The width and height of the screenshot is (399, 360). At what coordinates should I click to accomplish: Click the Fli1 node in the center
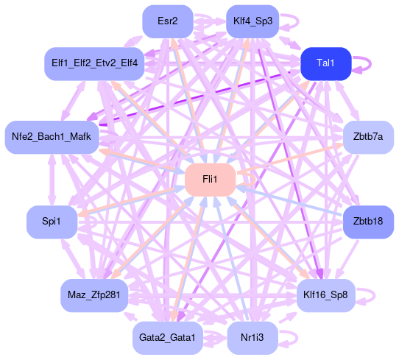211,180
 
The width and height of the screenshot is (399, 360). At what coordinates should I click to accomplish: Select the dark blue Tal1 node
326,63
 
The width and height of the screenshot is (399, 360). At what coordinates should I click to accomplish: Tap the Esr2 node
168,21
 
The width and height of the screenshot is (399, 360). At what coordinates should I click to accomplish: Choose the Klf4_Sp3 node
253,21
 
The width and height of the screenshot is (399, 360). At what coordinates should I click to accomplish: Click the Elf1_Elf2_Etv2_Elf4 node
94,63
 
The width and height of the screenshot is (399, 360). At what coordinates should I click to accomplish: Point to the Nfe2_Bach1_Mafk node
52,138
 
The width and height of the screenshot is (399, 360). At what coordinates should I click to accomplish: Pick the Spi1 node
52,222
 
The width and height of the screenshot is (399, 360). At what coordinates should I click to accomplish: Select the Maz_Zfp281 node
94,296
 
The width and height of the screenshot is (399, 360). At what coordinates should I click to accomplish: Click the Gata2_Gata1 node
168,338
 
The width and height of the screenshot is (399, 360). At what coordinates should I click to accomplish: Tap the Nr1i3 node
253,338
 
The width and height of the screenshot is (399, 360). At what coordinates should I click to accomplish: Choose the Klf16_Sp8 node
326,296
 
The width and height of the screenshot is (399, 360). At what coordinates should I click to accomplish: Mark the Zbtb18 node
369,222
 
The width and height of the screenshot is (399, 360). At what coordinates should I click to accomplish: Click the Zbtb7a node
369,138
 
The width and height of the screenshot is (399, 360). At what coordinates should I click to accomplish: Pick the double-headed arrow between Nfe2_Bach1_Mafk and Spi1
52,180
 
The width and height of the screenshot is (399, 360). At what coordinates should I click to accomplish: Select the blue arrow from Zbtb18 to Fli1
289,201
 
